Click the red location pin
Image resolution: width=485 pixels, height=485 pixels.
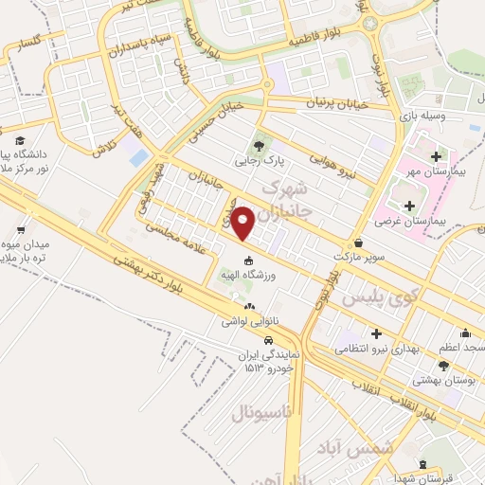tap(243, 223)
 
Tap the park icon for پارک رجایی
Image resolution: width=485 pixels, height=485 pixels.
tap(258, 146)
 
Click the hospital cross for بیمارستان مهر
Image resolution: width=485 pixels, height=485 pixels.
tap(435, 156)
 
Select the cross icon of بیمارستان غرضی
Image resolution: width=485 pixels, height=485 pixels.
tap(409, 205)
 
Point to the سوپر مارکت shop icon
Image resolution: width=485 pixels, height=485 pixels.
tap(357, 242)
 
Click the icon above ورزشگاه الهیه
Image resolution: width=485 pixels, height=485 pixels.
tap(248, 261)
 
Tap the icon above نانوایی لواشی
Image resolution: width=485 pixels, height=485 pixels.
tap(249, 306)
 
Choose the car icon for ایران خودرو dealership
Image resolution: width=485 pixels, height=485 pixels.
tap(269, 340)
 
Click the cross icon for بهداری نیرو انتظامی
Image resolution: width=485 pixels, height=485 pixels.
tap(378, 333)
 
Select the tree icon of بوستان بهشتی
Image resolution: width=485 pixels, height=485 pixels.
tap(443, 365)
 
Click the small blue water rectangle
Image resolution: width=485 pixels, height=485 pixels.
tap(139, 154)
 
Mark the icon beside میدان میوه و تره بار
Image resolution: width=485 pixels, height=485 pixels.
tap(21, 228)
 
